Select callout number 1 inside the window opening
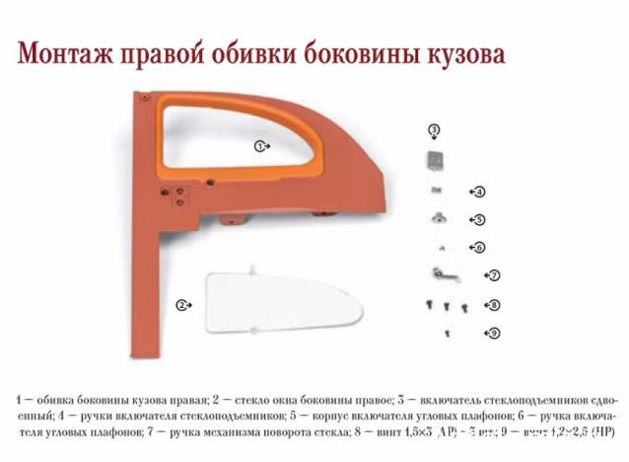click(x=261, y=145)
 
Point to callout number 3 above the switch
click(x=434, y=130)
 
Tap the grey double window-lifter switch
click(x=434, y=159)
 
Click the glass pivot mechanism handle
click(x=440, y=273)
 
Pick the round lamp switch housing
click(x=434, y=217)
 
